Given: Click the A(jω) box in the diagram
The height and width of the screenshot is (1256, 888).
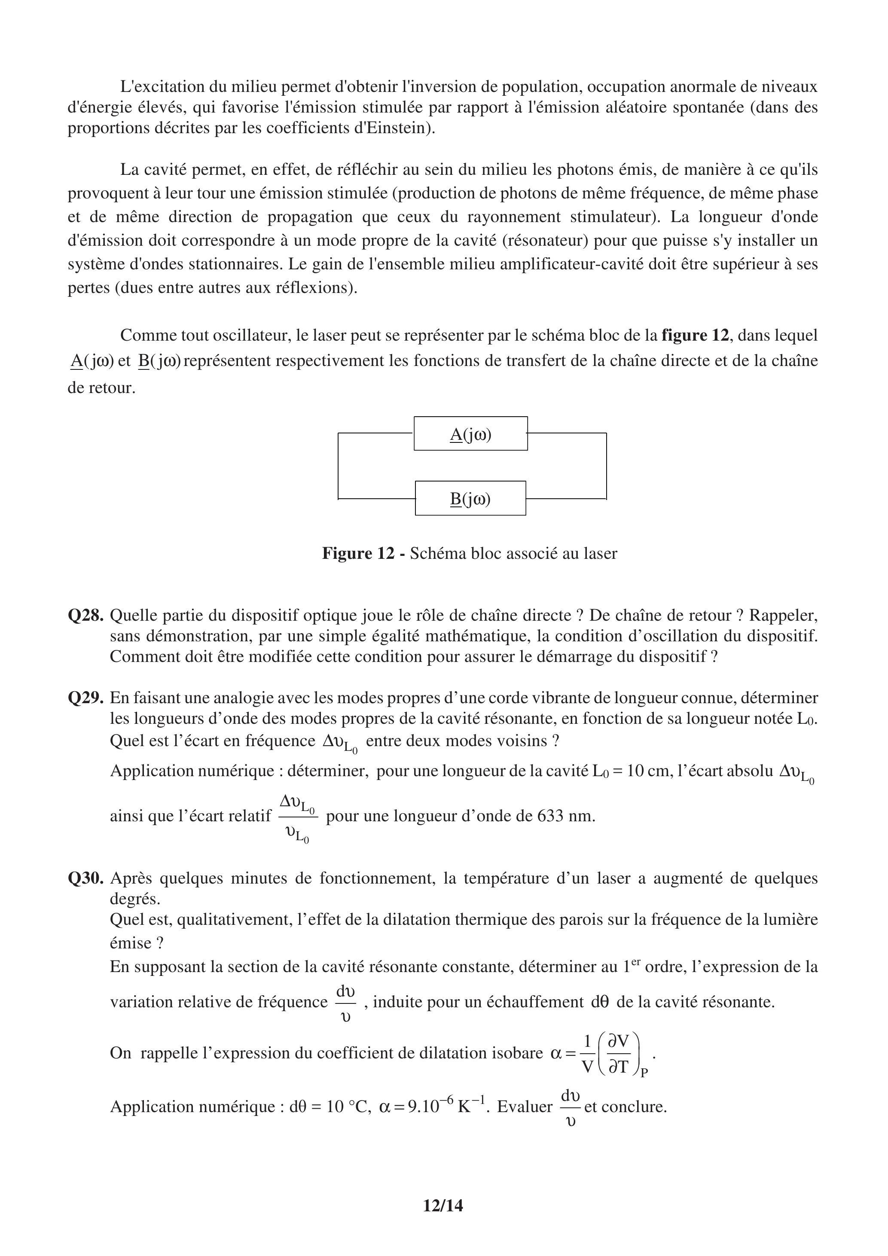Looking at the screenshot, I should click(x=470, y=434).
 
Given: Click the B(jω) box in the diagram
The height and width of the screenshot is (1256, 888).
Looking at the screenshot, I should click(x=470, y=498).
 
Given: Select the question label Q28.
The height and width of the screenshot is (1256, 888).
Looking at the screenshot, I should click(x=85, y=616).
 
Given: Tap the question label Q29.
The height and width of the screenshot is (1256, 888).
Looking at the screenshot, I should click(x=85, y=698).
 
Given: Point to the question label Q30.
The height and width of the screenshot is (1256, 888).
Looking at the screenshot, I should click(x=85, y=878).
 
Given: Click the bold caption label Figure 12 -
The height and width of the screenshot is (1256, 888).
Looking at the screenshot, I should click(x=363, y=554).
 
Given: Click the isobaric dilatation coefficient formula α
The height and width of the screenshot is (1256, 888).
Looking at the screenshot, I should click(x=602, y=1053).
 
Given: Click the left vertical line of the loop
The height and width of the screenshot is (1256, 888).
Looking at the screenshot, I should click(x=338, y=466).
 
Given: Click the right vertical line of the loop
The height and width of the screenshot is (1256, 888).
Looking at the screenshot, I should click(x=606, y=466).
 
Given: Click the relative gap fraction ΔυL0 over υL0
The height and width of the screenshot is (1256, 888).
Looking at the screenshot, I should click(x=298, y=817).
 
